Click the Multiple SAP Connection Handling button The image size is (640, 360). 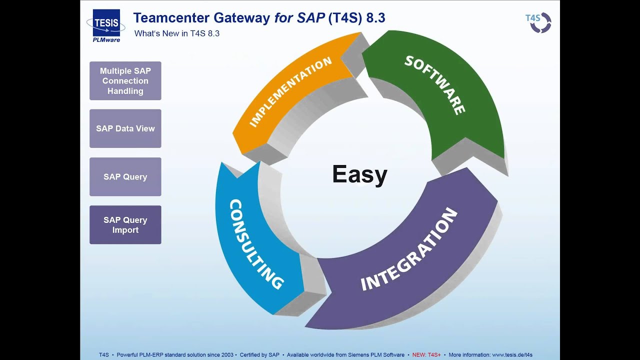pos(125,81)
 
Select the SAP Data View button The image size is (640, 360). pos(125,128)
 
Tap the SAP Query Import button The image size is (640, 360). pos(125,225)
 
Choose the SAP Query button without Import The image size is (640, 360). pos(125,177)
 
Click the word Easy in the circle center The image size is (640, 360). pos(359,174)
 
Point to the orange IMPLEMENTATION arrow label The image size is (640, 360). pos(290,92)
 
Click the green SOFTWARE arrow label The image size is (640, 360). pos(435,85)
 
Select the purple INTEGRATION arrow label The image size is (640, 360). pos(409,249)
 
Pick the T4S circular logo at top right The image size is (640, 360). pos(538,22)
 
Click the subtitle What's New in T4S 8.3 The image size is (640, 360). pos(177,33)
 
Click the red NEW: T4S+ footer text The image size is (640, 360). pos(426,354)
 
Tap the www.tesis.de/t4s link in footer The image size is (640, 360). pos(512,354)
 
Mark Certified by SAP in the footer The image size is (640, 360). pos(259,354)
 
